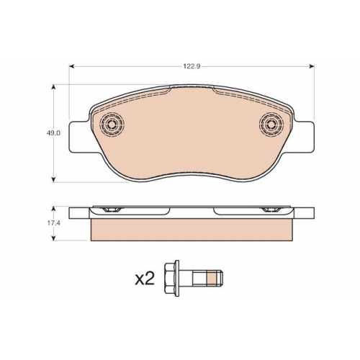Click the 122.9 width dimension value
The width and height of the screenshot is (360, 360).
(x=192, y=66)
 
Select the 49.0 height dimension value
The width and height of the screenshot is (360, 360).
(x=53, y=133)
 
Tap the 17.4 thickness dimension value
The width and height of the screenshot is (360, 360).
(x=53, y=223)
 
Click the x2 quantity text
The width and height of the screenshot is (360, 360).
(x=145, y=279)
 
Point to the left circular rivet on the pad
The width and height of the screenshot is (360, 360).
(x=112, y=125)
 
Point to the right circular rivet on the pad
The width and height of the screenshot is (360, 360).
(x=271, y=124)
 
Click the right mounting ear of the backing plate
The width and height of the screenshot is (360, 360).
(x=304, y=137)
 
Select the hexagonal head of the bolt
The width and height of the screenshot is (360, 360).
(x=172, y=278)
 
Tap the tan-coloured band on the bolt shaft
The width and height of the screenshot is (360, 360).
(x=212, y=279)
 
